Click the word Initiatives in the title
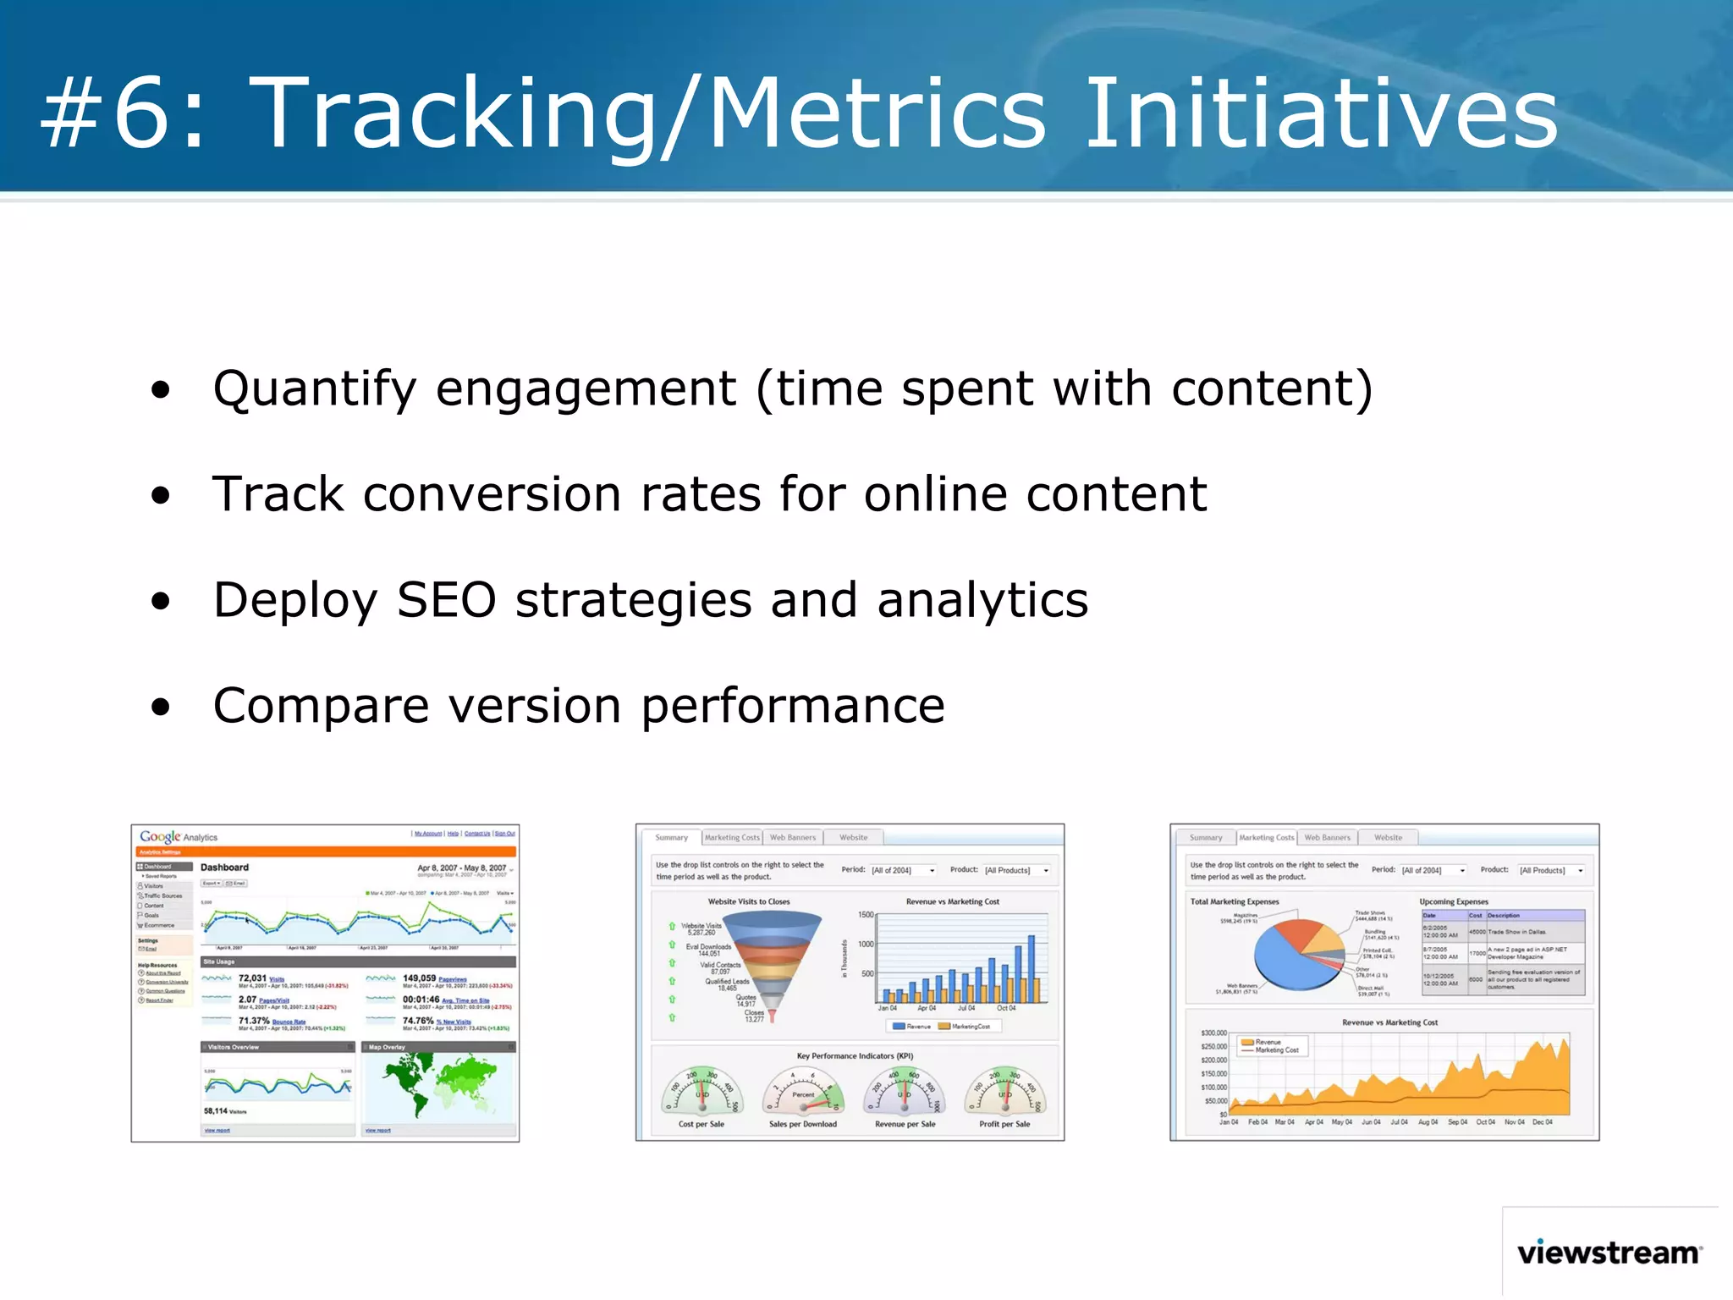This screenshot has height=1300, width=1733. (x=1320, y=114)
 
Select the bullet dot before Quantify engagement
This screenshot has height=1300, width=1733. (x=161, y=390)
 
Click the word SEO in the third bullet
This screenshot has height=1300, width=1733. (x=446, y=600)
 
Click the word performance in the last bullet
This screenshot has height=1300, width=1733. (x=793, y=706)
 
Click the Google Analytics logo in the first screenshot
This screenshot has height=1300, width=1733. (x=179, y=836)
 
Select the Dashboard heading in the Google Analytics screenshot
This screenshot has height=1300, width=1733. (x=224, y=868)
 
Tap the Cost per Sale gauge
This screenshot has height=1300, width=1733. (x=701, y=1092)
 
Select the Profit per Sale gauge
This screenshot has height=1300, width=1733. (x=1004, y=1092)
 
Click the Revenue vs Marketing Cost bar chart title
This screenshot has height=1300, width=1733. (x=952, y=901)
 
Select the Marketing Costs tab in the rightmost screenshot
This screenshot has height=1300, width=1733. (x=1266, y=838)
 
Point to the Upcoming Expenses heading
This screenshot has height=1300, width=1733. (x=1454, y=901)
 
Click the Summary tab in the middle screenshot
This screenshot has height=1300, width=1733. (x=671, y=838)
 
